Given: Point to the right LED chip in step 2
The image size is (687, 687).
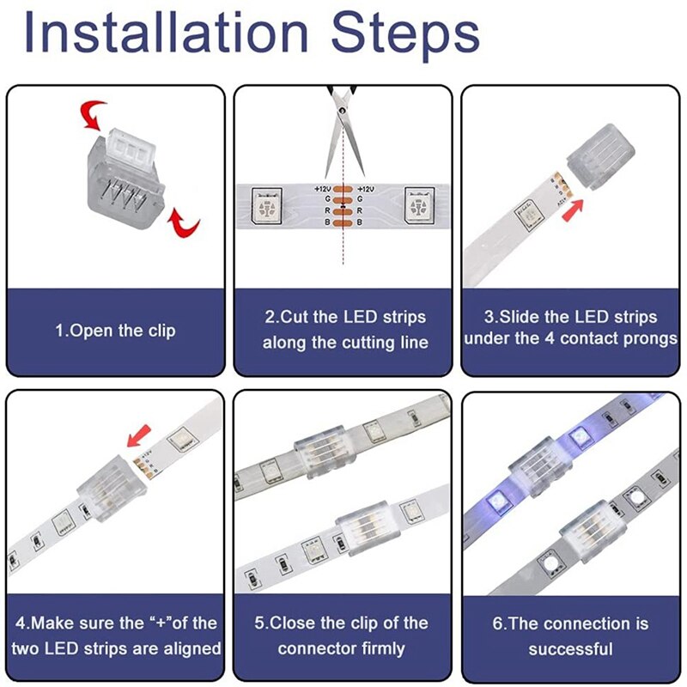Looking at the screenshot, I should click(421, 207).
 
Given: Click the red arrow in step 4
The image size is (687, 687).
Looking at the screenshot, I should click(135, 441).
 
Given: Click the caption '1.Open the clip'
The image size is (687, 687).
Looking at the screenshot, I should click(115, 331).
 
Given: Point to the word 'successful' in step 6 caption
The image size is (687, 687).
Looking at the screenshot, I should click(570, 648).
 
